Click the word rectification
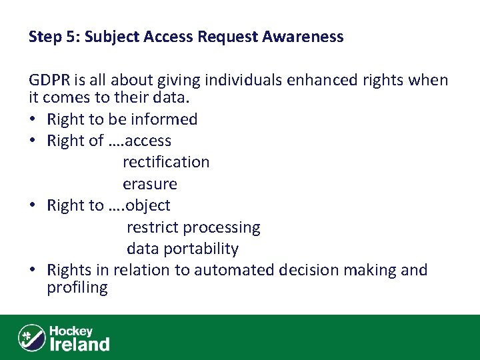(166, 162)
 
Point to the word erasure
(150, 183)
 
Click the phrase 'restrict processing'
(193, 227)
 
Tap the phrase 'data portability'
(183, 249)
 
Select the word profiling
(77, 287)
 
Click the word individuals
(239, 81)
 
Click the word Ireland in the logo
(79, 344)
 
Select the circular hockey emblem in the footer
(31, 337)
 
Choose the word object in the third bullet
(148, 205)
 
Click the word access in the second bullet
(148, 141)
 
